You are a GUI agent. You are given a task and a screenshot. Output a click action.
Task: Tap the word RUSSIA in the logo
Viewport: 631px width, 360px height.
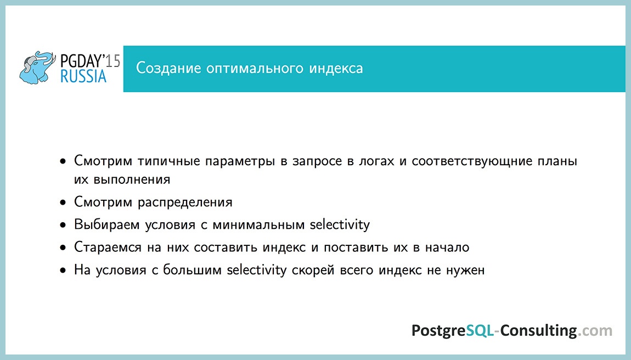[83, 77]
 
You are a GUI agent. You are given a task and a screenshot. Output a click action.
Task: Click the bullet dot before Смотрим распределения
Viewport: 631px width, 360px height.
[64, 203]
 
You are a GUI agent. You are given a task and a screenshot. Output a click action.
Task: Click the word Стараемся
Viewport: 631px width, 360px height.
[109, 248]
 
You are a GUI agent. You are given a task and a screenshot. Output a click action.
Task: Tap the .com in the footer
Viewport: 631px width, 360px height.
[595, 331]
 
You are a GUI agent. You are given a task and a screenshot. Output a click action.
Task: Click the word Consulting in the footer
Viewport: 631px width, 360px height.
[538, 331]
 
